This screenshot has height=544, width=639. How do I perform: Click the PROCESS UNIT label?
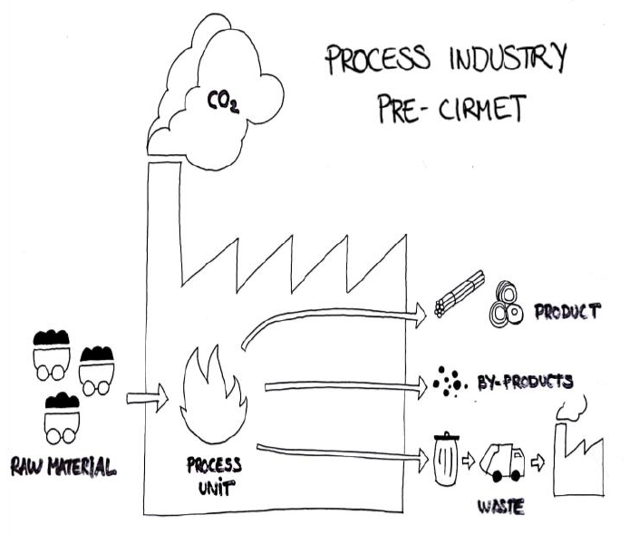pyautogui.click(x=214, y=475)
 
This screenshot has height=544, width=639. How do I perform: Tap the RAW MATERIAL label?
pyautogui.click(x=63, y=468)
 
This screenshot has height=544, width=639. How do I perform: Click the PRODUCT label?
pyautogui.click(x=566, y=312)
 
